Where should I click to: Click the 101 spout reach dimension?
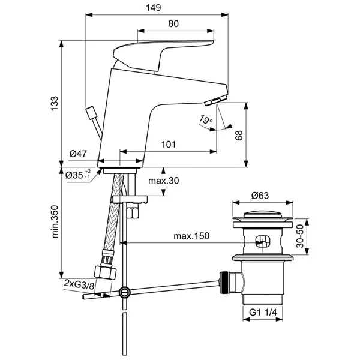click(x=169, y=144)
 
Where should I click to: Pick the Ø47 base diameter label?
click(x=79, y=154)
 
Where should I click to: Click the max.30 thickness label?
click(x=164, y=181)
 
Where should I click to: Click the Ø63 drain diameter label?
click(x=260, y=195)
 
